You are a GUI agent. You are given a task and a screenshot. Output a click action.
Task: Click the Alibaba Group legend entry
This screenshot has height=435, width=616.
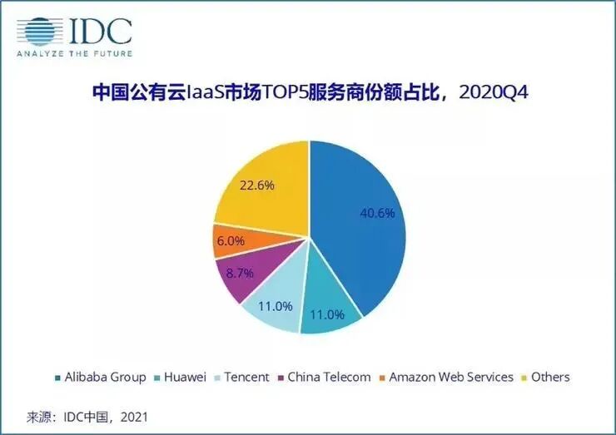[100, 377]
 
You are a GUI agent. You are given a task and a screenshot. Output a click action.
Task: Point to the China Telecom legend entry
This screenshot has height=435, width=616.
[324, 377]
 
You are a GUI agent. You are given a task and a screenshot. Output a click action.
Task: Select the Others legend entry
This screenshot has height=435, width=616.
[547, 377]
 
